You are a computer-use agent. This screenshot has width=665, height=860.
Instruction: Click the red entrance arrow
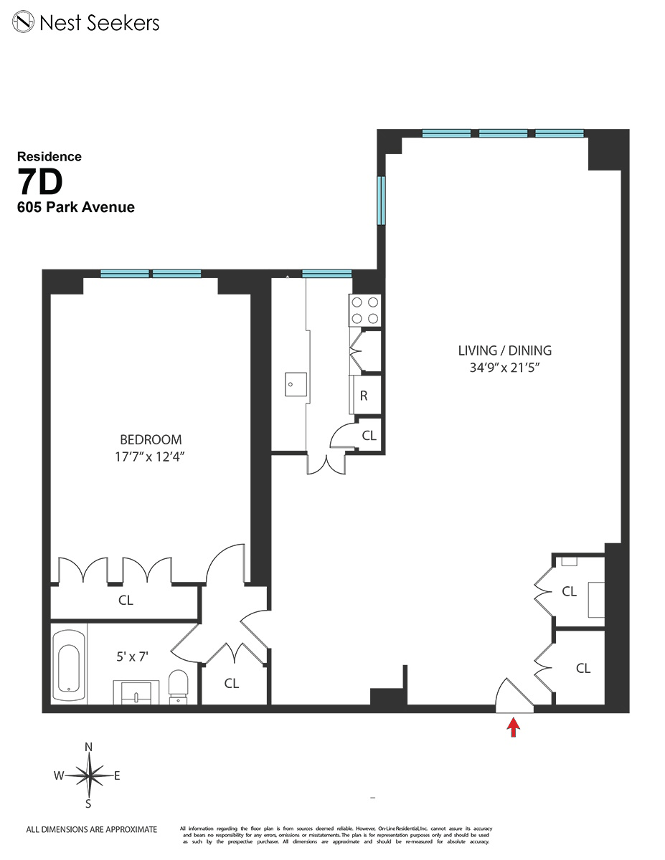click(513, 728)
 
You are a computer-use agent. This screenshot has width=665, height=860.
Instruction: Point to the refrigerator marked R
click(364, 396)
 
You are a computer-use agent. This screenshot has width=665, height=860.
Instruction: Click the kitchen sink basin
click(295, 383)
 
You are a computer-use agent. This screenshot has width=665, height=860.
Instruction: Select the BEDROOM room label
click(151, 439)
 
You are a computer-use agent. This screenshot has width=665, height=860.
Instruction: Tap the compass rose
click(89, 775)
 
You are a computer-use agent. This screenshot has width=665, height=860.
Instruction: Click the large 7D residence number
click(40, 183)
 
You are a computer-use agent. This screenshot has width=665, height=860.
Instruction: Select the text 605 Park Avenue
click(76, 208)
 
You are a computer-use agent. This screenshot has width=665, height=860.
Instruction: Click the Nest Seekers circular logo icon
click(26, 22)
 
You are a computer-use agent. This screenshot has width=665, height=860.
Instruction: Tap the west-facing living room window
click(382, 201)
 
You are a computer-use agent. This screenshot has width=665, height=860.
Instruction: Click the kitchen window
click(327, 274)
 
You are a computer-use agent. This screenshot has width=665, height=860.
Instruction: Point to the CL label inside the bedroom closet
click(126, 601)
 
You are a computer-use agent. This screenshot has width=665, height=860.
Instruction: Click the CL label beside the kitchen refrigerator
click(369, 435)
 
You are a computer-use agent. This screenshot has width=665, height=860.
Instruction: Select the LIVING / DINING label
click(504, 350)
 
